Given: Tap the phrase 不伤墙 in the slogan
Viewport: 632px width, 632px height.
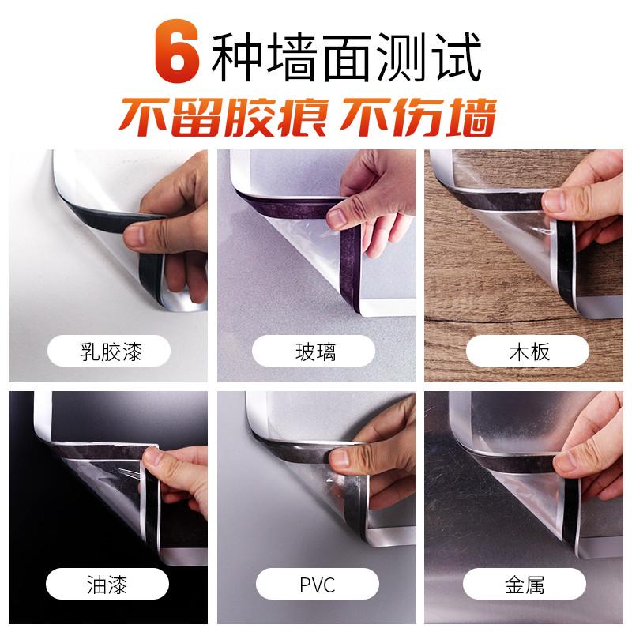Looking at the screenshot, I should [416, 117].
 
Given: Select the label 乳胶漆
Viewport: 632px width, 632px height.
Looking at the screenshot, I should [111, 350].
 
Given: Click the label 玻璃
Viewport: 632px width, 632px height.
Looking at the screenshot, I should [316, 350].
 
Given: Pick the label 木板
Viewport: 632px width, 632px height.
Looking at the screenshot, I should [527, 350].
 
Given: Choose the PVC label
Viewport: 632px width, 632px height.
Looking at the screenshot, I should [316, 586].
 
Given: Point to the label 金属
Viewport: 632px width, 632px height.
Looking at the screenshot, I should [525, 586].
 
